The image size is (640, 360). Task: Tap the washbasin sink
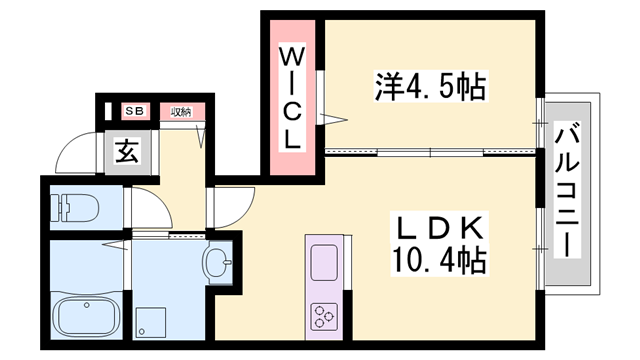pos(217,265)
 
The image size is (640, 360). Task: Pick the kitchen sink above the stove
pos(326,262)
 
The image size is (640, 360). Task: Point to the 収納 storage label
pos(181,111)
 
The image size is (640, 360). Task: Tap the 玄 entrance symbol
pos(127,152)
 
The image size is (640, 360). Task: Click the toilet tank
pos(56,206)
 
